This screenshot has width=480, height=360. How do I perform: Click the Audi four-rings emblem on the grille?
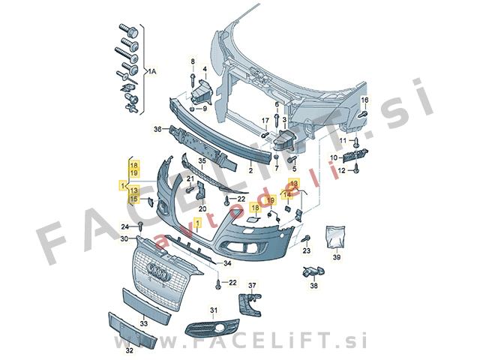point(157,271)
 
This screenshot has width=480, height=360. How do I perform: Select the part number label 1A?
point(151,72)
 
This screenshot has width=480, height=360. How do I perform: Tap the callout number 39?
point(337,257)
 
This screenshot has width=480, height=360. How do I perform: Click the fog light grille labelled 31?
point(211,328)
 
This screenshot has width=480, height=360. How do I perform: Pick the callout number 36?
point(157,130)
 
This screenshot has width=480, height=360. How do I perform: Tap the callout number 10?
point(333,157)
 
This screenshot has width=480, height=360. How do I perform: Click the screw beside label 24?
point(141,226)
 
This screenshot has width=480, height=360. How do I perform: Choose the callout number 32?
point(130,350)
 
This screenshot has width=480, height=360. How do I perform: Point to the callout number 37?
point(252,286)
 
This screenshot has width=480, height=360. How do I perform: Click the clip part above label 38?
point(313,271)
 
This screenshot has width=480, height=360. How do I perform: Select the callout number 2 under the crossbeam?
point(250,170)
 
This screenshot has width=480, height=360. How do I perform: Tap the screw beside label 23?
point(306,238)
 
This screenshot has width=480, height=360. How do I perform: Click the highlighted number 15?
point(133,199)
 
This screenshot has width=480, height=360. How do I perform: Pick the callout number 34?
point(227,262)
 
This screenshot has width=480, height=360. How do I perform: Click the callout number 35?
point(202,160)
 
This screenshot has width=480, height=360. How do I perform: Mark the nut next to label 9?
point(192,108)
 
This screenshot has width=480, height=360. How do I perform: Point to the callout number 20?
point(202,209)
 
